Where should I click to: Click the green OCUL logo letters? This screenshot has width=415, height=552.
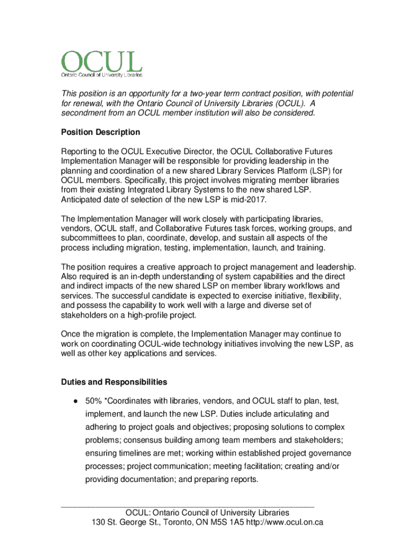click(x=102, y=61)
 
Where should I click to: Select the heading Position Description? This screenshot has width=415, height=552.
click(x=100, y=132)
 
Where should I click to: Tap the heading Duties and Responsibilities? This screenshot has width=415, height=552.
click(x=114, y=382)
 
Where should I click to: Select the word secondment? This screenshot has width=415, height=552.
click(x=85, y=113)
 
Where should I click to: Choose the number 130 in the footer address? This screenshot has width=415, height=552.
click(x=99, y=522)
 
